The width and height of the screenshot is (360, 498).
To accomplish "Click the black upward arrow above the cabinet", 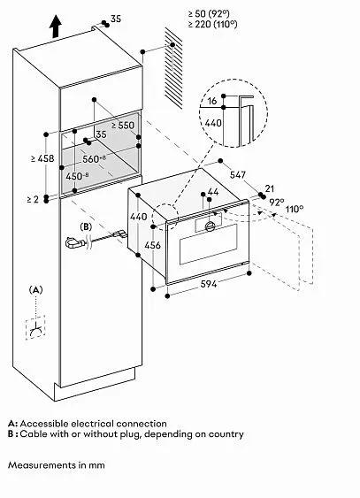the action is [x=55, y=27].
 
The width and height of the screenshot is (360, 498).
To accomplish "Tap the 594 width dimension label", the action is [x=209, y=284].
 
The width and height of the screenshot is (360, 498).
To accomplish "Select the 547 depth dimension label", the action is [x=238, y=174].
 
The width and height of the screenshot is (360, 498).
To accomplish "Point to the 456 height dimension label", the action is [x=153, y=245].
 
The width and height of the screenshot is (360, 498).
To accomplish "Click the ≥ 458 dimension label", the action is [x=42, y=158].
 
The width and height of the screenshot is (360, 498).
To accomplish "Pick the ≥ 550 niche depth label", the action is [x=123, y=125].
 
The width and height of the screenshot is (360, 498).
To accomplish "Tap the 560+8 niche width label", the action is [x=95, y=158].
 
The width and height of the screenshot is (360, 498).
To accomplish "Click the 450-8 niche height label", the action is [x=78, y=176].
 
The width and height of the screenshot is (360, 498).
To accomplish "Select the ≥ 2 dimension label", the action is [x=33, y=199].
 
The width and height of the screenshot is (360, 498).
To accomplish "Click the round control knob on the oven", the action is [x=211, y=226].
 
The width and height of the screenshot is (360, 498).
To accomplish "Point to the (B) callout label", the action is [x=86, y=226].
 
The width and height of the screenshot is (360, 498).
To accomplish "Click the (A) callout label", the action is [x=35, y=289].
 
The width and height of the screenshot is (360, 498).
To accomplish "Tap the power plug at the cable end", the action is [x=75, y=243].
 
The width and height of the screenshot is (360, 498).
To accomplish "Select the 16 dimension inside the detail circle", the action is [x=212, y=101].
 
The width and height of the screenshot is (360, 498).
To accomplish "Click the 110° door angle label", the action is [x=295, y=209].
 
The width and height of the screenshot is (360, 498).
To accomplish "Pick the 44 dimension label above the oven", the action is [x=213, y=192].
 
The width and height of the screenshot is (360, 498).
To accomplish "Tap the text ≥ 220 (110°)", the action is [x=212, y=24].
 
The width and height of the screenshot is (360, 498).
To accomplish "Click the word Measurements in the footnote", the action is [x=38, y=465].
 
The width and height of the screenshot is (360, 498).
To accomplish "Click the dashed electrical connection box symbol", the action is [x=35, y=327].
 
